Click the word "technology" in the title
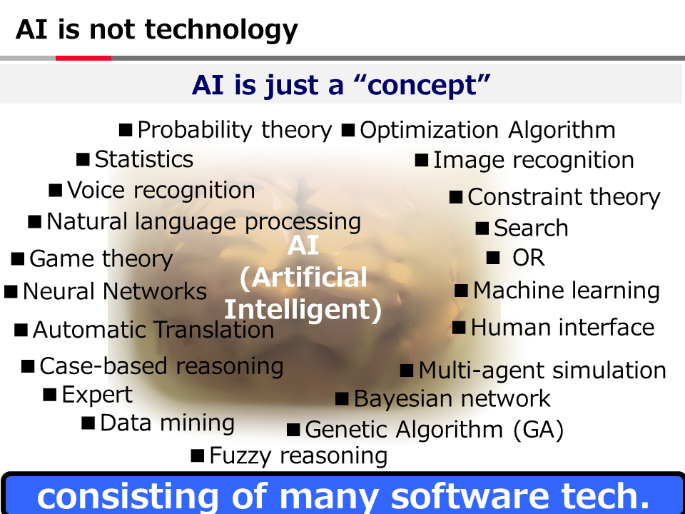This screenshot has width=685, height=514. (x=221, y=31)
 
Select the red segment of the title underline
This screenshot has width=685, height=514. (x=83, y=58)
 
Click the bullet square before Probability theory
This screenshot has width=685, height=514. (x=126, y=130)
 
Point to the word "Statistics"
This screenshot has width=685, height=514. (x=144, y=159)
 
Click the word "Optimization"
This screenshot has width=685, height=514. (x=429, y=130)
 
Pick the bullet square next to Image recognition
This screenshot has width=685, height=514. (x=422, y=160)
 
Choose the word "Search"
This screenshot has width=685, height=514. (x=531, y=228)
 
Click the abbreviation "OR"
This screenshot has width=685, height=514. (x=529, y=258)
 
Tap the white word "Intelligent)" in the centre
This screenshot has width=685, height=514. (x=303, y=309)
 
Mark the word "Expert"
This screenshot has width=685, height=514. (x=97, y=395)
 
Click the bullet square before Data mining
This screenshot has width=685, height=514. (x=88, y=423)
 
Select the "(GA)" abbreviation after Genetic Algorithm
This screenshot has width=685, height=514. (x=538, y=430)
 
